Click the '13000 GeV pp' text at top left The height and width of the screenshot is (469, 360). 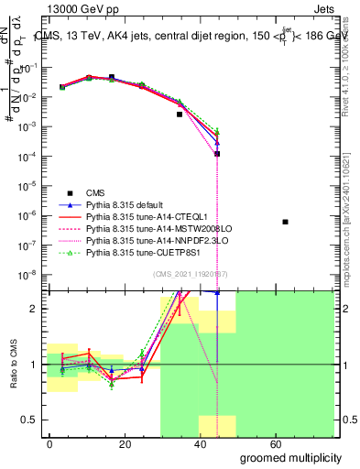(72, 8)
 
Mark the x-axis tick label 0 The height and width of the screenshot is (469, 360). (49, 444)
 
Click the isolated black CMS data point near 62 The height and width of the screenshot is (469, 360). (286, 222)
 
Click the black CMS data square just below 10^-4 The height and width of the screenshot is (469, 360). (217, 154)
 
